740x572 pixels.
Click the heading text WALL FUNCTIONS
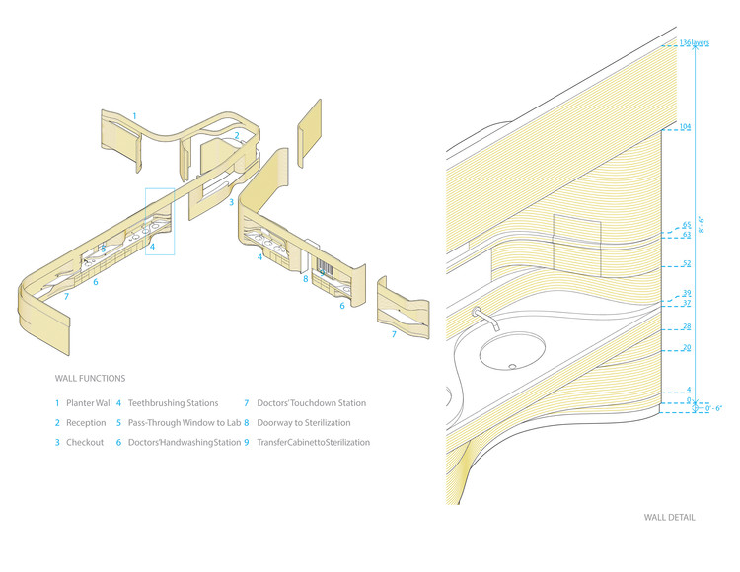click(x=90, y=378)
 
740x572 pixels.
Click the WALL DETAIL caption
click(x=670, y=517)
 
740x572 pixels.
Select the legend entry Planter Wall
click(x=89, y=403)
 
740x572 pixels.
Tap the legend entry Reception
click(x=85, y=423)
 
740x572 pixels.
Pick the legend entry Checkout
click(x=85, y=443)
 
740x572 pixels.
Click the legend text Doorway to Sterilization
click(x=303, y=423)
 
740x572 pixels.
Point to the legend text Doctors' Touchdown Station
click(x=311, y=403)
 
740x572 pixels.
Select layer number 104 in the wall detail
click(x=687, y=127)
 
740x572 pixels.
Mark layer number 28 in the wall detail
click(x=687, y=326)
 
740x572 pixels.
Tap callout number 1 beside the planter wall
click(x=135, y=116)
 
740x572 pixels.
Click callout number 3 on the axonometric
click(x=231, y=202)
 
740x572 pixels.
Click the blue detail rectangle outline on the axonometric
click(x=159, y=222)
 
